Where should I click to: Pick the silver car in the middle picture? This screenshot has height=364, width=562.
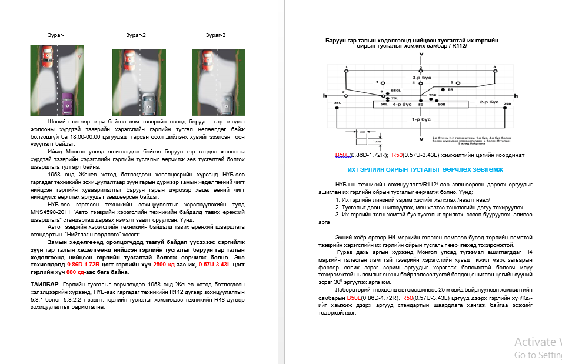(x=147, y=105)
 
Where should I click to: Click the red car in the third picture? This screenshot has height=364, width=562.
(x=206, y=58)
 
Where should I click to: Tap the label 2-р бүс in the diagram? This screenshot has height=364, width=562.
(x=490, y=102)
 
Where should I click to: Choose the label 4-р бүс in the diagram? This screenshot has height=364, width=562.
(x=402, y=103)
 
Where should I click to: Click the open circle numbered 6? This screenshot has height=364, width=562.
(x=451, y=82)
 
